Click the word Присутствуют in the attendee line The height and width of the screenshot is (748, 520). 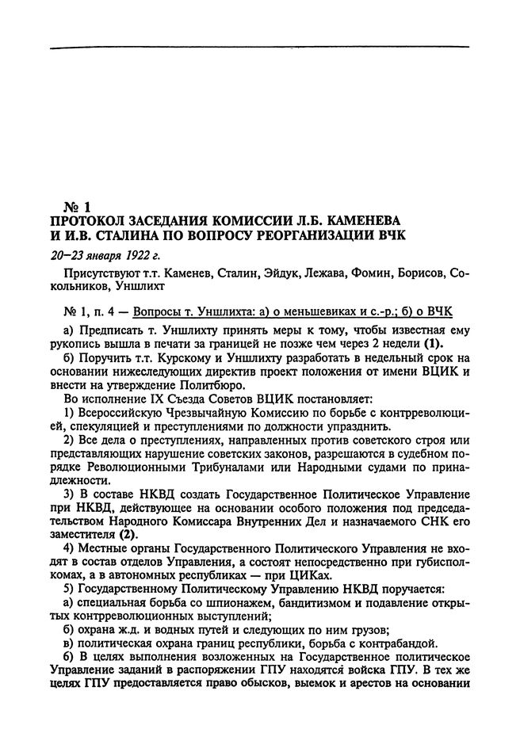click(100, 273)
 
